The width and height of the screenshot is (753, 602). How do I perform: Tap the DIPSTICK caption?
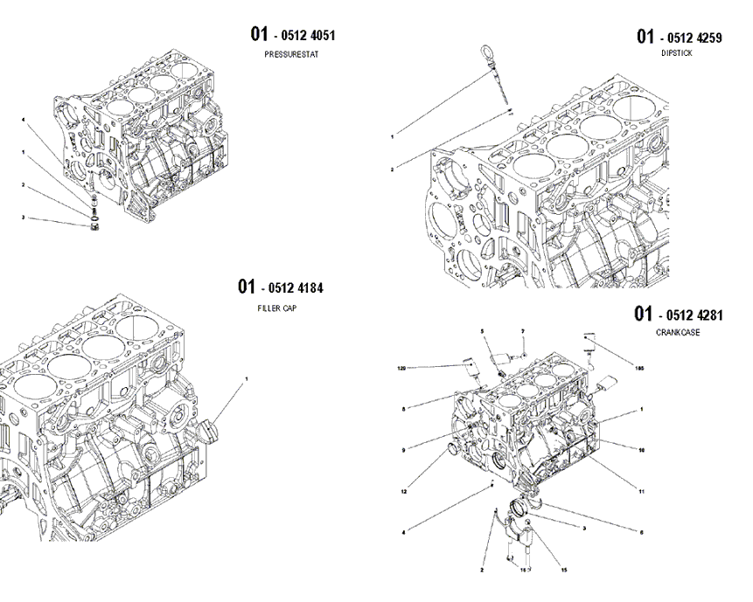(676, 53)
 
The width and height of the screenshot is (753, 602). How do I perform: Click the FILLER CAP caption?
(275, 308)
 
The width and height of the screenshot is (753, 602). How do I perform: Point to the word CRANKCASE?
(677, 333)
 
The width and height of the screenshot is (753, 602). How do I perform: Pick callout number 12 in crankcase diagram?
(405, 492)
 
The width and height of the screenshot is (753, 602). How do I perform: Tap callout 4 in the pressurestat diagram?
(24, 119)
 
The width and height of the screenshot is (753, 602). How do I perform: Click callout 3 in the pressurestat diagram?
(24, 218)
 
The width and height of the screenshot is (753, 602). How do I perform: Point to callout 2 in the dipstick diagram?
(393, 169)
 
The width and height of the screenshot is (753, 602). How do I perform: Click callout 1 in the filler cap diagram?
(247, 379)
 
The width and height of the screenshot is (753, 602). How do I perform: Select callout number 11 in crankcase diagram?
(641, 492)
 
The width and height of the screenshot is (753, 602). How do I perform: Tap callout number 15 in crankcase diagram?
(564, 571)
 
